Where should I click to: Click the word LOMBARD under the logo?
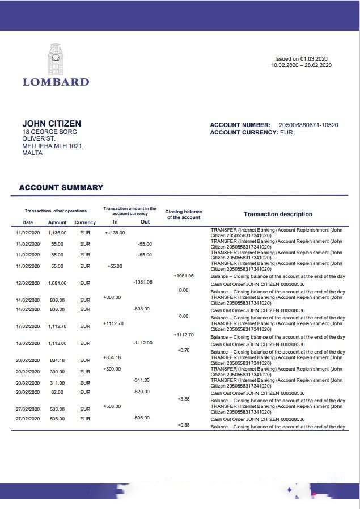[56, 82]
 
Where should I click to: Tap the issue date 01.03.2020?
[315, 59]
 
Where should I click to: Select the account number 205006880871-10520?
[308, 125]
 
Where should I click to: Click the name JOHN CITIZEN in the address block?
[52, 124]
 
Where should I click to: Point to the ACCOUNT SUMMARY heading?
[61, 187]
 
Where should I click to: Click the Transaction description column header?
[278, 214]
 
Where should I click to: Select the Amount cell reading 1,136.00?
[57, 232]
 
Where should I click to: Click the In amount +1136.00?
[115, 232]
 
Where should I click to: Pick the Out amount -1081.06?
[142, 282]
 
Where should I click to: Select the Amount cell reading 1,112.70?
[57, 326]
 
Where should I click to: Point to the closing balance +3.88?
[183, 399]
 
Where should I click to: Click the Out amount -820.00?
[141, 392]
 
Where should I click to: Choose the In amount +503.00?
[112, 406]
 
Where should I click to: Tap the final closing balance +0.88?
[183, 425]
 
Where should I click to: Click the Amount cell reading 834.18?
[57, 360]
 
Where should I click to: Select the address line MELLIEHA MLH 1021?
[53, 146]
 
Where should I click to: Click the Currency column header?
[85, 222]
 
